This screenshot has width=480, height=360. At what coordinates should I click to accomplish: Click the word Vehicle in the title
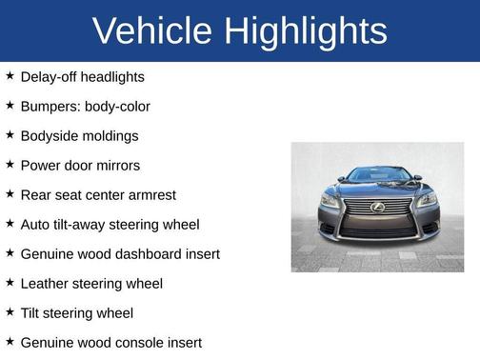[x=152, y=31]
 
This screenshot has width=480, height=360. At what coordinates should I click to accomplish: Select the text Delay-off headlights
[x=82, y=76]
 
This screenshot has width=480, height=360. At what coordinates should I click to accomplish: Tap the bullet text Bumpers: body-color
[x=85, y=106]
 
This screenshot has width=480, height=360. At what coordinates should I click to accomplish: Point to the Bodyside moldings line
[x=79, y=135]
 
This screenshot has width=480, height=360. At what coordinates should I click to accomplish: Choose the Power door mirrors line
[x=80, y=165]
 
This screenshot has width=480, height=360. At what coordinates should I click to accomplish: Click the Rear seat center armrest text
[x=98, y=194]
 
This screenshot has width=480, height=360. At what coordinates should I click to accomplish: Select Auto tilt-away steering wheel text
[x=110, y=224]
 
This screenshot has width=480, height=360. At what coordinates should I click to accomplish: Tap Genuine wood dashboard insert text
[x=120, y=253]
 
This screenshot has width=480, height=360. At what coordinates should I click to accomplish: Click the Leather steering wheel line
[x=91, y=283]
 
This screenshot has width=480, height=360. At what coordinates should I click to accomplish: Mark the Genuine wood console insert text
[x=110, y=342]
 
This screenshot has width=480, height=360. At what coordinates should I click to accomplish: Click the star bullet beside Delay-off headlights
[x=10, y=75]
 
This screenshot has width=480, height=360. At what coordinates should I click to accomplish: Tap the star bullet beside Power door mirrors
[x=10, y=164]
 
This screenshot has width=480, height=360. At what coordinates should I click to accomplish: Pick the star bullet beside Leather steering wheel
[x=10, y=282]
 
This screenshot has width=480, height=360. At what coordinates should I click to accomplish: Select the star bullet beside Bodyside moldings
[x=10, y=134]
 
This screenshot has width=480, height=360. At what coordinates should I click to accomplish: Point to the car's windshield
[x=378, y=175]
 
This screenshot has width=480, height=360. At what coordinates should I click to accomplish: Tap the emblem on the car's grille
[x=378, y=207]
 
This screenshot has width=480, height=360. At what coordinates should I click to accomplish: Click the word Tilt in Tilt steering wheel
[x=32, y=312]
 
